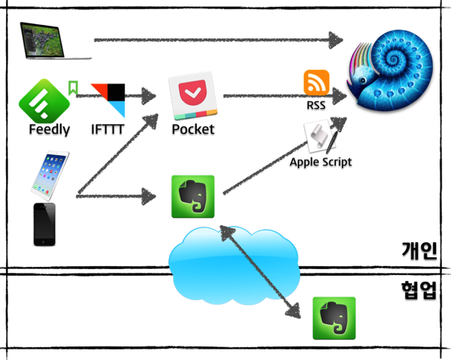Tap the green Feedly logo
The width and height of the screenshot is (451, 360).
[44, 98]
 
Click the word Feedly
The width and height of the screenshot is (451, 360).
[49, 129]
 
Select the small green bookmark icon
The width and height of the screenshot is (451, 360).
[73, 88]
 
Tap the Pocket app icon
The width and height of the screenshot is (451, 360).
[192, 95]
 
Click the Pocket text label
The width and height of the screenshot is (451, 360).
[192, 129]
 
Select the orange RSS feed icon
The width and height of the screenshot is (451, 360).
[316, 83]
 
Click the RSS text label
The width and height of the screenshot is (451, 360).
[316, 105]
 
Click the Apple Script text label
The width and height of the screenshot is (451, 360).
[321, 162]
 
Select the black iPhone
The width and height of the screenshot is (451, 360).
[44, 223]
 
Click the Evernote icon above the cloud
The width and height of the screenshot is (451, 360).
[193, 196]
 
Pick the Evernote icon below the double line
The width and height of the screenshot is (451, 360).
[334, 318]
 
